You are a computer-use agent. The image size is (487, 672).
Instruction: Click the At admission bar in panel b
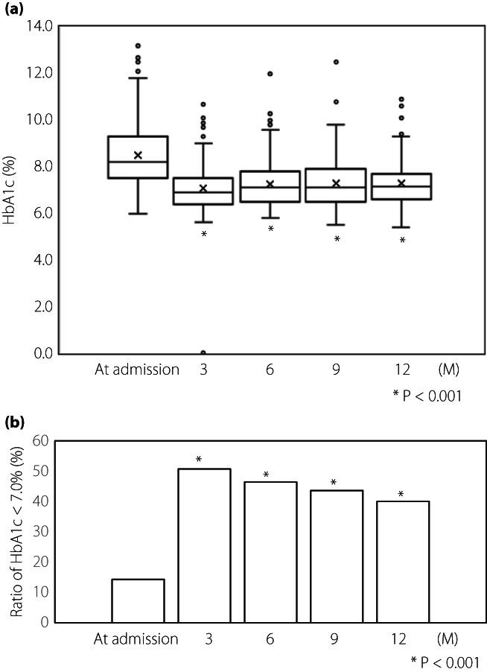coord(138,600)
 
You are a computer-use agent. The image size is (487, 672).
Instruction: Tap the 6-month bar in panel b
coord(270,552)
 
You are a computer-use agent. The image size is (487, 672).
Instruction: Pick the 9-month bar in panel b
coord(337,556)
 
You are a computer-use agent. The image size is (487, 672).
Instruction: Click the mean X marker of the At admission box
coord(138,155)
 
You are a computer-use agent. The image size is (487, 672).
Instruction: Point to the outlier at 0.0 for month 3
coord(203,352)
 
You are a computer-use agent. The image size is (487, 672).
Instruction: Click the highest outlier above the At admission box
coord(138,46)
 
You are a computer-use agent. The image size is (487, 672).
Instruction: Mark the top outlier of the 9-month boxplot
coord(337,62)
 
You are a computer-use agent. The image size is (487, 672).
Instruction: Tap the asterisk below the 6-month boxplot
coord(270,229)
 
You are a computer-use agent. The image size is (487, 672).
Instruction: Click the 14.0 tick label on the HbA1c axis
coord(39,27)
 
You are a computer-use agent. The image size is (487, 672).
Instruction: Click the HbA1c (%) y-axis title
coord(10,189)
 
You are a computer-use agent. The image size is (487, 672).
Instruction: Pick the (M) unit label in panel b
coord(448,639)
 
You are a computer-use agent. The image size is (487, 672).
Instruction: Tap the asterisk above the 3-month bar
coord(199,460)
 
